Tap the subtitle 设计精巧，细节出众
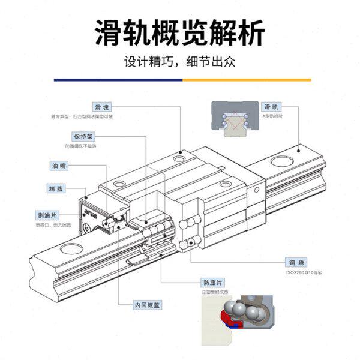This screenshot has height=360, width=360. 180,62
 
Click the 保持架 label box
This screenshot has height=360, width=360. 83,136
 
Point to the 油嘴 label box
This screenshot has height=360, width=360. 59,166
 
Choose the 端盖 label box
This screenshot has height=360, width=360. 56,189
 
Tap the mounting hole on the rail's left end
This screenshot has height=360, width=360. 71,248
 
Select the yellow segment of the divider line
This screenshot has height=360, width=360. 246,79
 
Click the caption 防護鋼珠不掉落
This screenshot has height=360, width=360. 80,146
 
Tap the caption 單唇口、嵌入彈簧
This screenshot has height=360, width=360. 53,225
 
